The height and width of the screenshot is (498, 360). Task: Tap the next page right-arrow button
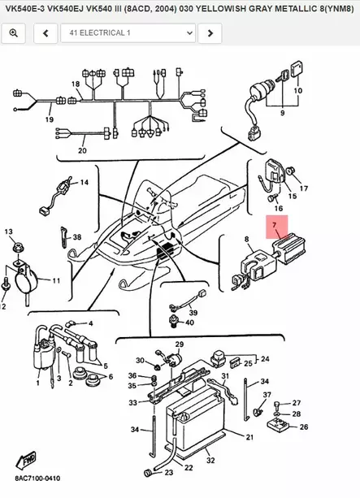(x=210, y=33)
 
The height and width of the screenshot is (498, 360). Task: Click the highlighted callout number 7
(x=275, y=224)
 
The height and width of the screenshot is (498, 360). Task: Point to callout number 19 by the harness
(x=49, y=119)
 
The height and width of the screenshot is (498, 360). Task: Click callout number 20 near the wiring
(x=82, y=150)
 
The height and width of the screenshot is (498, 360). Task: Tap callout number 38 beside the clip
(x=77, y=238)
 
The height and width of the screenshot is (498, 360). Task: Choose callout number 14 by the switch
(x=83, y=183)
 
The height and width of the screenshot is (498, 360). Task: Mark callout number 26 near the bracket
(x=304, y=427)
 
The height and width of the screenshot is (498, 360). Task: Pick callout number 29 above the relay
(x=179, y=345)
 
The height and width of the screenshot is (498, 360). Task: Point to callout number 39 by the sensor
(x=193, y=313)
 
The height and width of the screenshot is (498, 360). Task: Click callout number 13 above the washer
(x=10, y=232)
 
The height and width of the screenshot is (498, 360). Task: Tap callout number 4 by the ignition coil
(x=89, y=323)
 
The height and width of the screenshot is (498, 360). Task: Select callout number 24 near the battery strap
(x=262, y=357)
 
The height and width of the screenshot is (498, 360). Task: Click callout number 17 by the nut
(x=304, y=188)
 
